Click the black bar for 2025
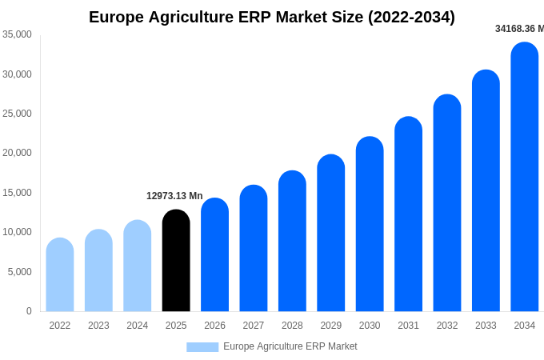[x=176, y=261]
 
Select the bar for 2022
[x=60, y=275]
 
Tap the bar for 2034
[x=525, y=178]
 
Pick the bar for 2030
[x=370, y=225]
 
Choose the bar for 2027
[x=254, y=249]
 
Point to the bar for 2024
[x=138, y=266]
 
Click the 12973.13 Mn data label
[x=174, y=196]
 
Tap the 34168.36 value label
[x=519, y=29]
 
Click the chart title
[x=272, y=17]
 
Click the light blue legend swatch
[x=202, y=346]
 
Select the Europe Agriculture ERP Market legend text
[x=290, y=346]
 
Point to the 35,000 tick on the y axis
[x=17, y=34]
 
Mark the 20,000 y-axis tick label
[x=17, y=153]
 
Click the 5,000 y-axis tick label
[x=19, y=272]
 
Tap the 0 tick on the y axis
[x=29, y=311]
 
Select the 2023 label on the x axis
[x=98, y=326]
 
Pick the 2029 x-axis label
[x=331, y=326]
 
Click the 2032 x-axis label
[x=447, y=326]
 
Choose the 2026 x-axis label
[x=214, y=326]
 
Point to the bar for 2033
[x=486, y=191]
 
